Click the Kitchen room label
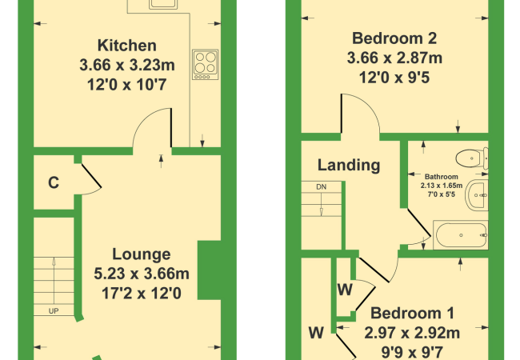[126, 46]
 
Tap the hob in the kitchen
[206, 65]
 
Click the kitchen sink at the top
[163, 4]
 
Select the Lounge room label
[142, 254]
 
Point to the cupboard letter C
[54, 182]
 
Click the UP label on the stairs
[54, 311]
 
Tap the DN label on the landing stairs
[321, 187]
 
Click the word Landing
[349, 165]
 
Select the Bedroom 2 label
[394, 38]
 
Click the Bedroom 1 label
[412, 313]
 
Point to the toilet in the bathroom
[472, 158]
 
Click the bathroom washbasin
[477, 195]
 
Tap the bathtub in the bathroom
[461, 235]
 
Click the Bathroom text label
[441, 177]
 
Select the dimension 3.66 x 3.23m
[127, 65]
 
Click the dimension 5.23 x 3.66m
[142, 274]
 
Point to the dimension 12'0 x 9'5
[394, 78]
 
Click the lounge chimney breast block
[210, 270]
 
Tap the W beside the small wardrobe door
[345, 290]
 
